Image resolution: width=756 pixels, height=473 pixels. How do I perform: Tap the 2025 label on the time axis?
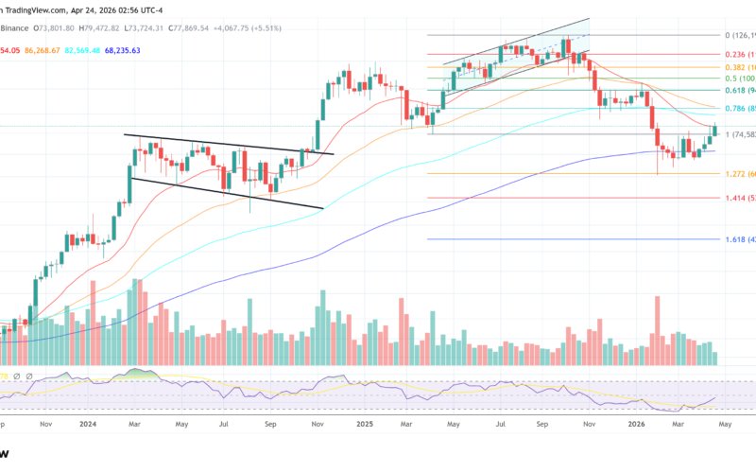click(364, 426)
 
